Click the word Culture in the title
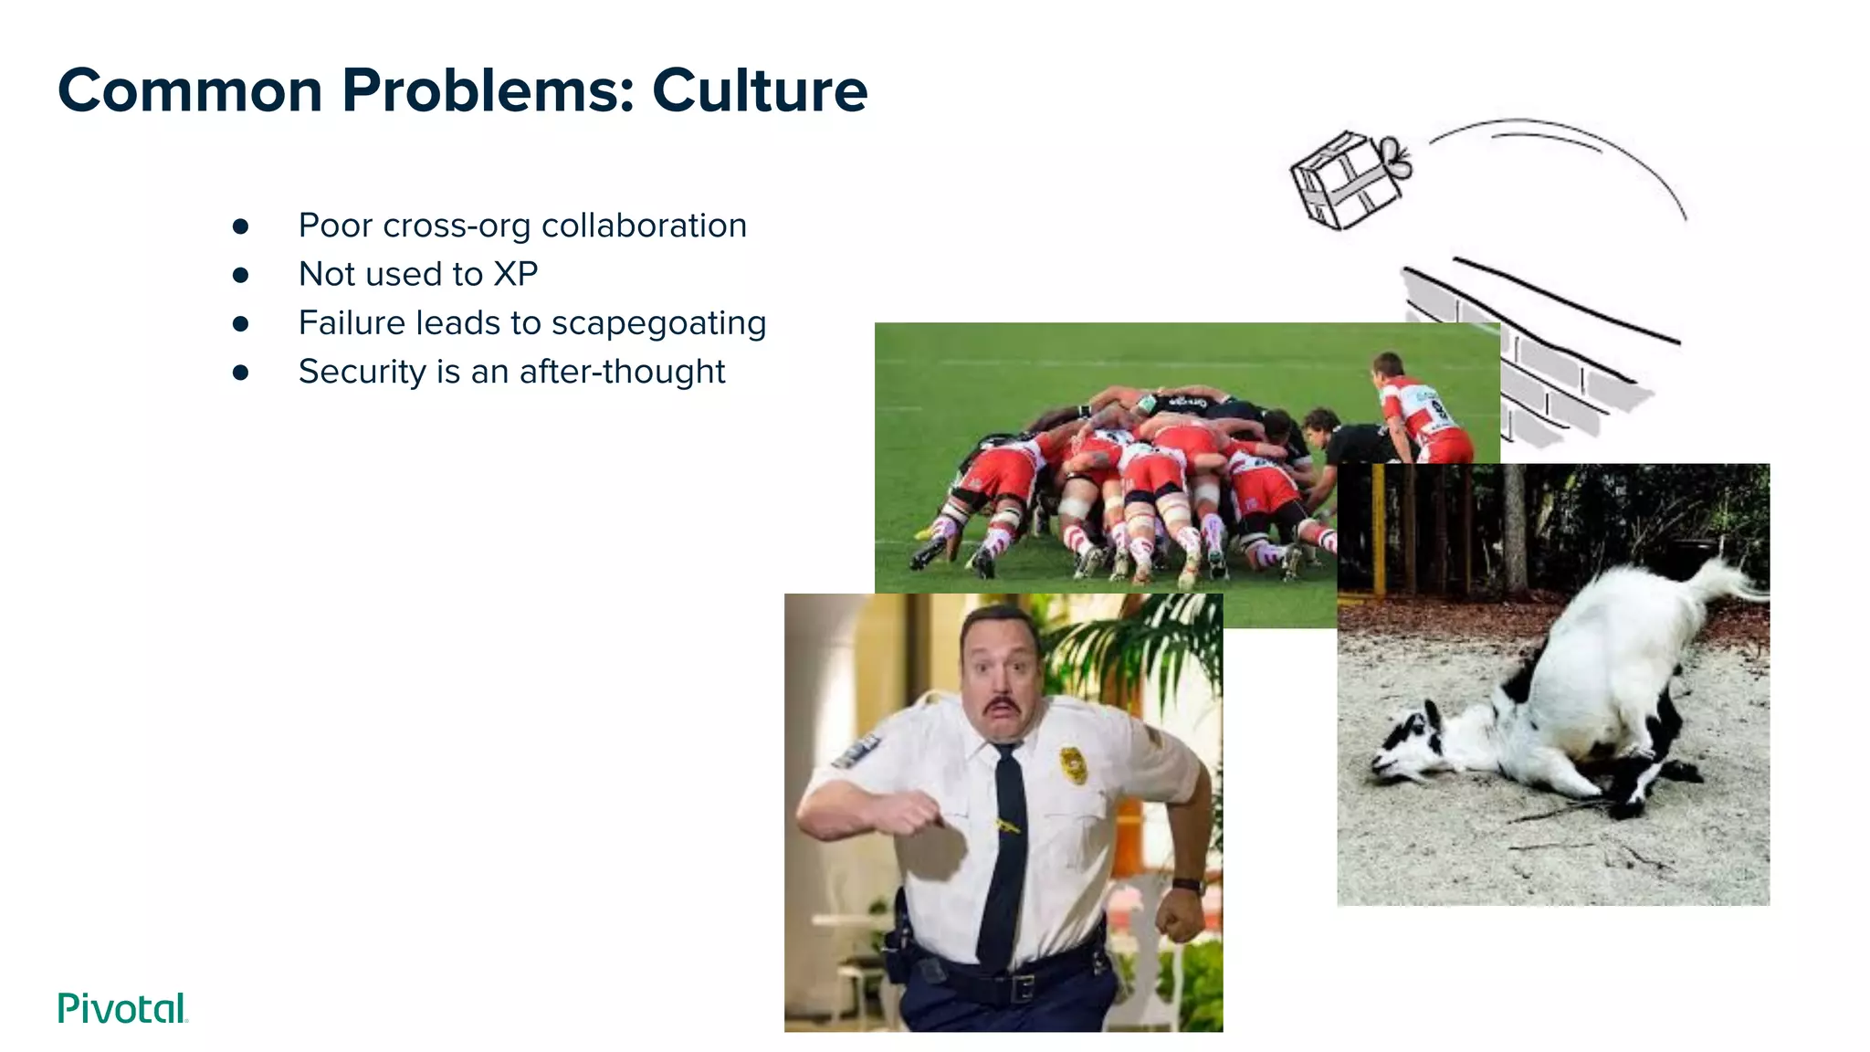point(759,90)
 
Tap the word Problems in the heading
point(488,90)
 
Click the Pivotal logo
point(122,1008)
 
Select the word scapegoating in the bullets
point(658,323)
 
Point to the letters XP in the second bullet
point(516,274)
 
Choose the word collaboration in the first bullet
point(644,226)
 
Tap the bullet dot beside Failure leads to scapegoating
point(241,323)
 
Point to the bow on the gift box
point(1395,157)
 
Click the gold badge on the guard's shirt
point(1074,765)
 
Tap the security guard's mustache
point(1002,706)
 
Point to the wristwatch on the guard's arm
point(1189,885)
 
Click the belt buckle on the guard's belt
point(1022,987)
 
